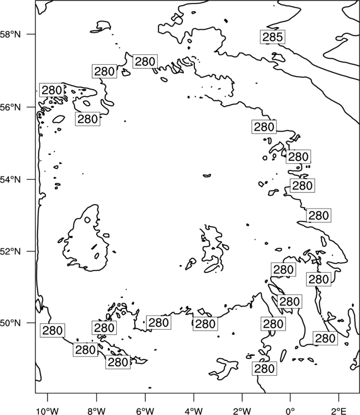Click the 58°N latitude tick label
[11, 34]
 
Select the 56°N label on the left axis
[11, 107]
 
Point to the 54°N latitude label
[11, 180]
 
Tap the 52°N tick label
[11, 251]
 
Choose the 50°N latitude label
[11, 323]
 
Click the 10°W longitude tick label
[48, 411]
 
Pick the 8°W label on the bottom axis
[96, 411]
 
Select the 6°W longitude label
[145, 411]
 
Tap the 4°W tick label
[193, 411]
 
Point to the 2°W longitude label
[242, 411]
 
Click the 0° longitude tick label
[290, 411]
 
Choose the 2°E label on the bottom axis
[338, 411]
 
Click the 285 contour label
[272, 37]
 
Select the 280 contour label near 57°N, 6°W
[145, 61]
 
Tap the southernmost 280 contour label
[264, 369]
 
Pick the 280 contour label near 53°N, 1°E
[318, 215]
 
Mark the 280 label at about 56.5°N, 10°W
[52, 90]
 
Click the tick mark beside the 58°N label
[32, 34]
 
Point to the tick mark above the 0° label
[290, 397]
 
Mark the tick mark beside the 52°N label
[32, 251]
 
